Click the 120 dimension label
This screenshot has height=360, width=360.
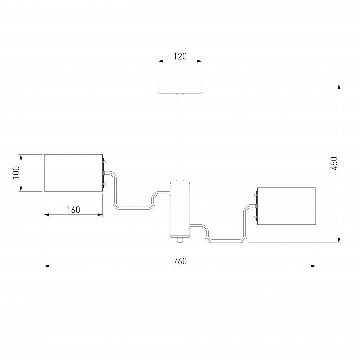[x=180, y=56]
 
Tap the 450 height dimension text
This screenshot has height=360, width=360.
[x=334, y=163]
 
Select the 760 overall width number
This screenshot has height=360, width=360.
[x=180, y=261]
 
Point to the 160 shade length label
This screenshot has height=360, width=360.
[x=73, y=210]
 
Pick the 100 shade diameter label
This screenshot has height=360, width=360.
[x=16, y=173]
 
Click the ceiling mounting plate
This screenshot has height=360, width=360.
[x=180, y=88]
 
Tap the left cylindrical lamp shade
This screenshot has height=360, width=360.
[x=73, y=173]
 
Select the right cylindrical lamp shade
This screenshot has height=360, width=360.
[x=287, y=206]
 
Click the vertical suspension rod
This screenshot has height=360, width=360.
[x=180, y=138]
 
